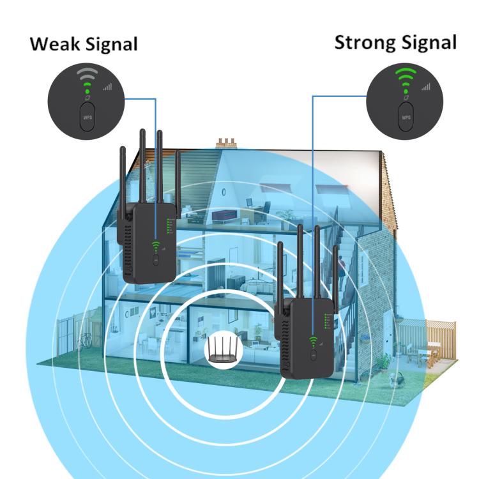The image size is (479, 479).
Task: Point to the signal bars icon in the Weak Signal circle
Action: click(x=107, y=87)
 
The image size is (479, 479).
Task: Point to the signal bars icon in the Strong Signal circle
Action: click(x=426, y=86)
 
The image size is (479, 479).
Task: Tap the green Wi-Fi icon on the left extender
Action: click(x=156, y=245)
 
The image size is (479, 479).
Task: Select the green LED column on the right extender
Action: click(x=326, y=321)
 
